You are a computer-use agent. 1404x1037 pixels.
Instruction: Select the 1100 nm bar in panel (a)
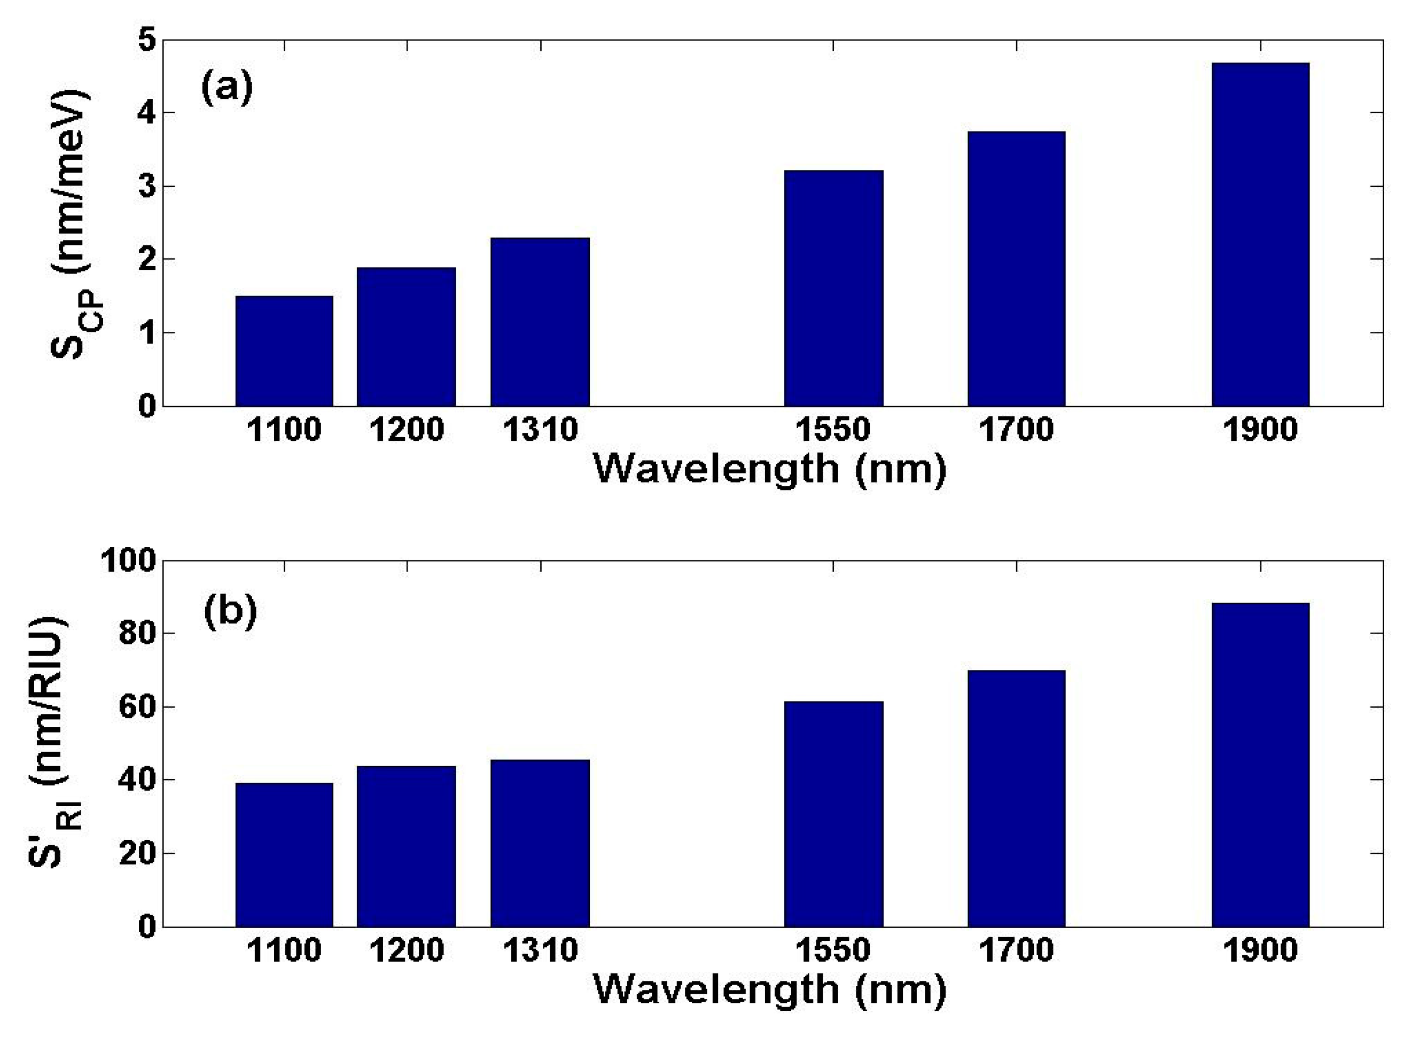pyautogui.click(x=284, y=351)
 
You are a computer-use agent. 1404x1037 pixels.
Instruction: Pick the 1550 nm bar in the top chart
pyautogui.click(x=833, y=288)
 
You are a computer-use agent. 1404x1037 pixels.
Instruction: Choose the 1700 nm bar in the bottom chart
pyautogui.click(x=1016, y=799)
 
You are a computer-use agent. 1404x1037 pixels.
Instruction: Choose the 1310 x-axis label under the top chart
pyautogui.click(x=540, y=430)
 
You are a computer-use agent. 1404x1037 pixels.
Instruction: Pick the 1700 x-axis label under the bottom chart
pyautogui.click(x=1016, y=950)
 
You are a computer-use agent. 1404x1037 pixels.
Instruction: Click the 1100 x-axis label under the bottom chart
pyautogui.click(x=284, y=950)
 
